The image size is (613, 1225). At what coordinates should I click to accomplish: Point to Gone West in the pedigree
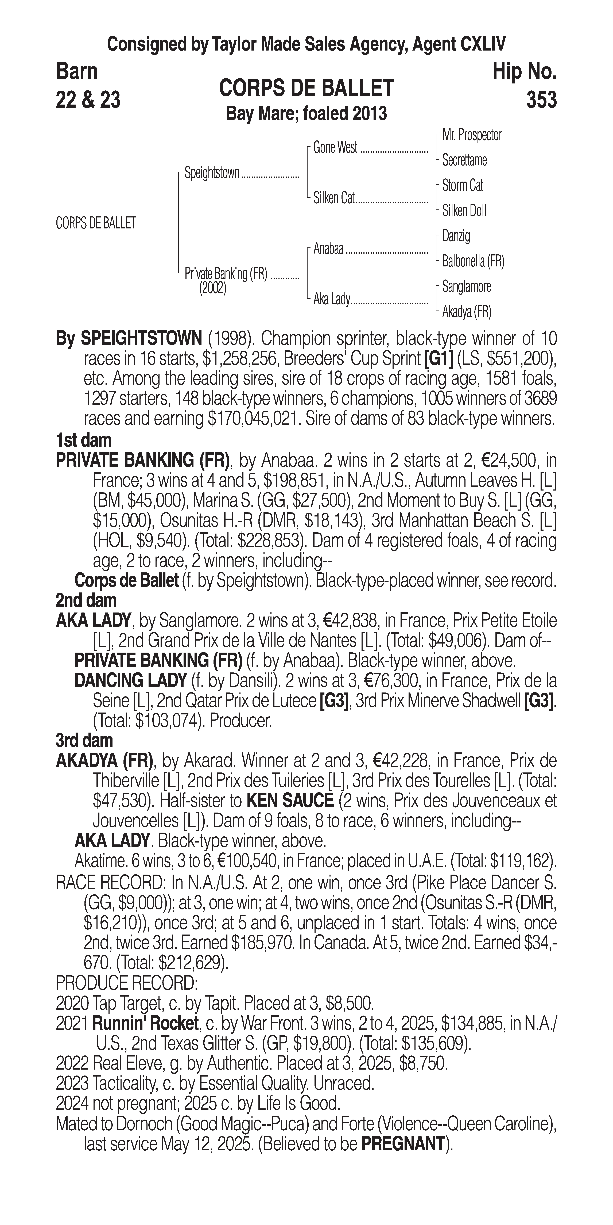(335, 147)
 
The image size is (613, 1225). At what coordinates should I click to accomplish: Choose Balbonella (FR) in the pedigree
(473, 261)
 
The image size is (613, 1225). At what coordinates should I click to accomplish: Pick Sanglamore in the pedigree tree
(466, 286)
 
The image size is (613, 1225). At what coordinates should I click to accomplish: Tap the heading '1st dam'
(84, 440)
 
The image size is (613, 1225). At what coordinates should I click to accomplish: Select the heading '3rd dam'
(84, 740)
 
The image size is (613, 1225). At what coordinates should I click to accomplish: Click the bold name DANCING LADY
(130, 680)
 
